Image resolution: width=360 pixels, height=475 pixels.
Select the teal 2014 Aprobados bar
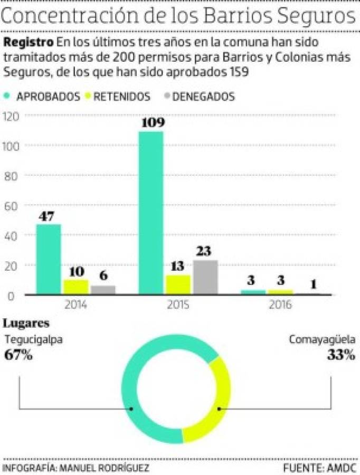pyautogui.click(x=49, y=259)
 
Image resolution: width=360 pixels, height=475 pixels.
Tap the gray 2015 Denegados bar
pyautogui.click(x=205, y=277)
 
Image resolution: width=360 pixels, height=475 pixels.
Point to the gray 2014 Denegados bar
pyautogui.click(x=103, y=290)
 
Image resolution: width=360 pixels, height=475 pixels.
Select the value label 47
pyautogui.click(x=49, y=215)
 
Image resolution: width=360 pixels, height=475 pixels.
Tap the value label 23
pyautogui.click(x=205, y=251)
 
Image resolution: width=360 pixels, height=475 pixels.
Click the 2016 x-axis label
pyautogui.click(x=280, y=305)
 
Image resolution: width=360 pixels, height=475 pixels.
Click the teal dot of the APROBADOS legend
pyautogui.click(x=7, y=97)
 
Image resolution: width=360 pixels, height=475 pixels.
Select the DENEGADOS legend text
pyautogui.click(x=203, y=97)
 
